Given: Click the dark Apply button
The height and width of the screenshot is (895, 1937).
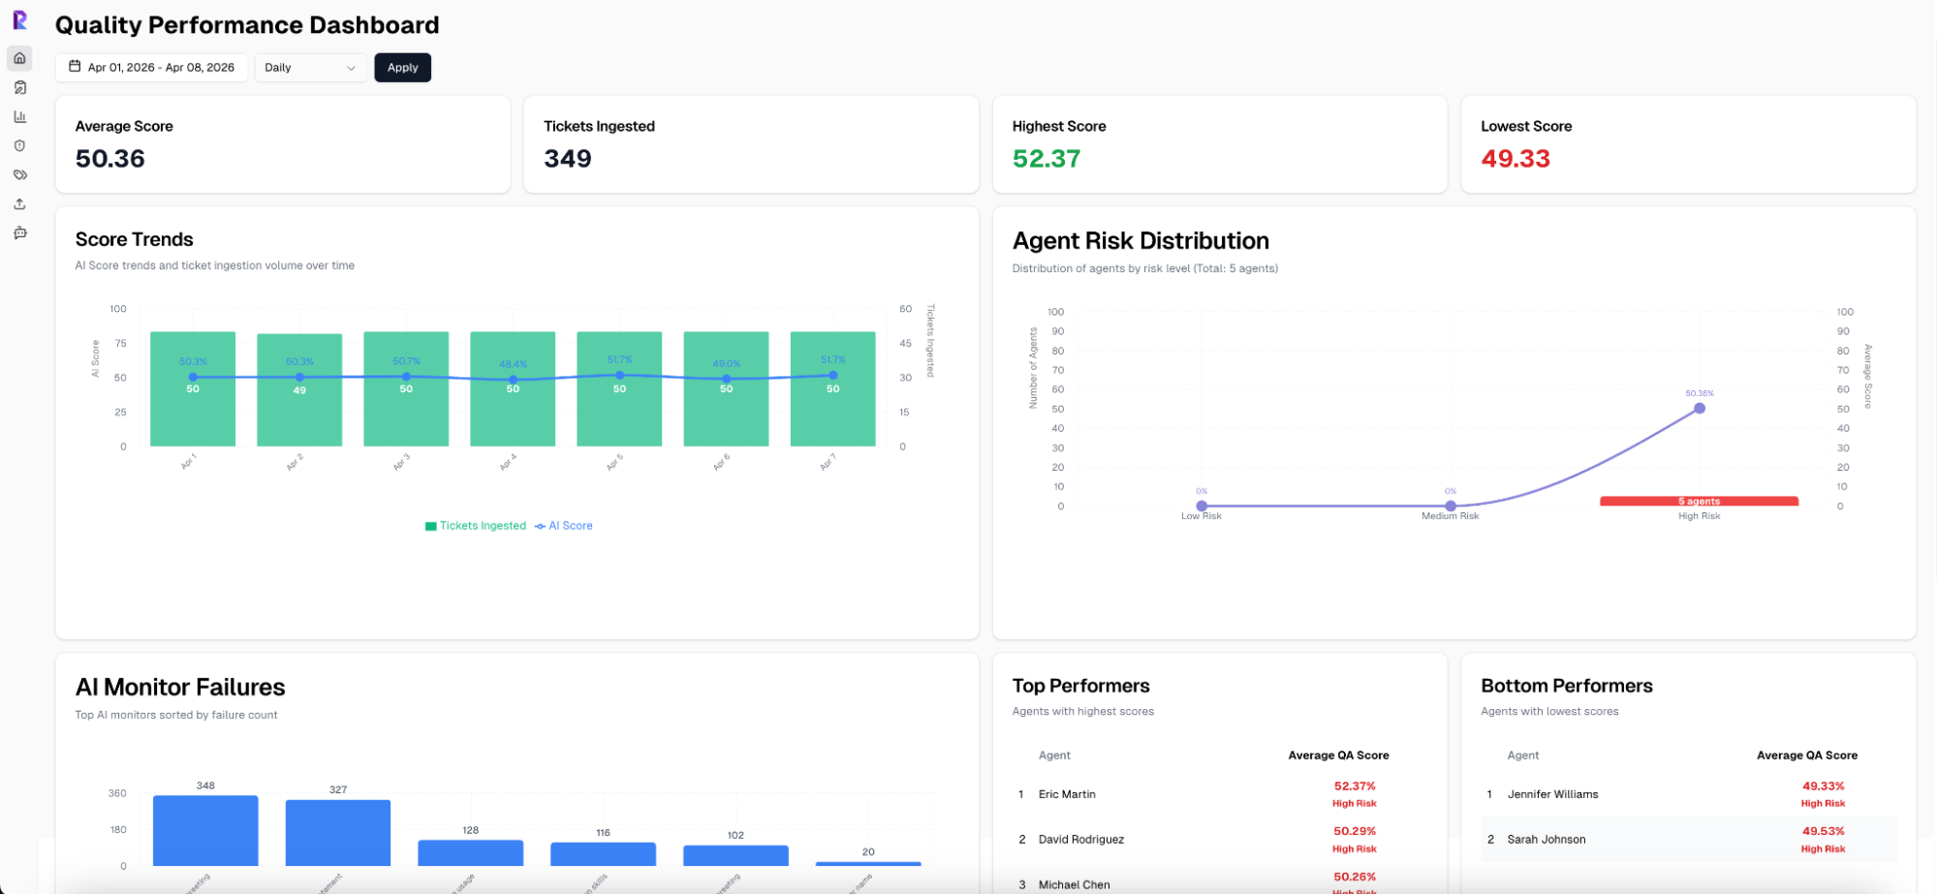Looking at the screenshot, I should [402, 68].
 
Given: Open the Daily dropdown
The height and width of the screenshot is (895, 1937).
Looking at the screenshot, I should [310, 68].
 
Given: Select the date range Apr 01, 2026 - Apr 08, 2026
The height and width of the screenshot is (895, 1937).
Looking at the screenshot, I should [152, 68].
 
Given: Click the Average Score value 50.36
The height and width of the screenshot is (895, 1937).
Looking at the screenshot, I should [110, 159].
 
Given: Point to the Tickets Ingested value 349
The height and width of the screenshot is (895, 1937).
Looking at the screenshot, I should [568, 159].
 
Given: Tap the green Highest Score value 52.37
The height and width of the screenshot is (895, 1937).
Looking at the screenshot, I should [1047, 159].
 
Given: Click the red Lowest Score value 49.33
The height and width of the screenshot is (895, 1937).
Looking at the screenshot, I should [1515, 159].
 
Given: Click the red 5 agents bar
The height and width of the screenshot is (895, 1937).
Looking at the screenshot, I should [1699, 501].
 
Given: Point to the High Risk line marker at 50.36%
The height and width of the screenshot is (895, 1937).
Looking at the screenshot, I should [1700, 409].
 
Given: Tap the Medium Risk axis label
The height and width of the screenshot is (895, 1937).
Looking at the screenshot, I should [1450, 516].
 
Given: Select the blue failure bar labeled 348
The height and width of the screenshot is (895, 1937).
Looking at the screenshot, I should [205, 830].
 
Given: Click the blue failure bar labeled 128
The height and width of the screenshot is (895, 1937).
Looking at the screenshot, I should [471, 852].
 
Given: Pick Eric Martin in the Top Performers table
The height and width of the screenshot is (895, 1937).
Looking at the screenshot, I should [1067, 794].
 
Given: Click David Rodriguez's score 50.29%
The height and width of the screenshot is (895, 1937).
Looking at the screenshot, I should [1355, 831].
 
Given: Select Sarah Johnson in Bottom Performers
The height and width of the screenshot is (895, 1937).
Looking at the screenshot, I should [1546, 840].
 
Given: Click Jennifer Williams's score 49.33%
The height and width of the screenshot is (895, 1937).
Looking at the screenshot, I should [1823, 787].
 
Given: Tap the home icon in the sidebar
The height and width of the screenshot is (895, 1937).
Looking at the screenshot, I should [19, 58].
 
